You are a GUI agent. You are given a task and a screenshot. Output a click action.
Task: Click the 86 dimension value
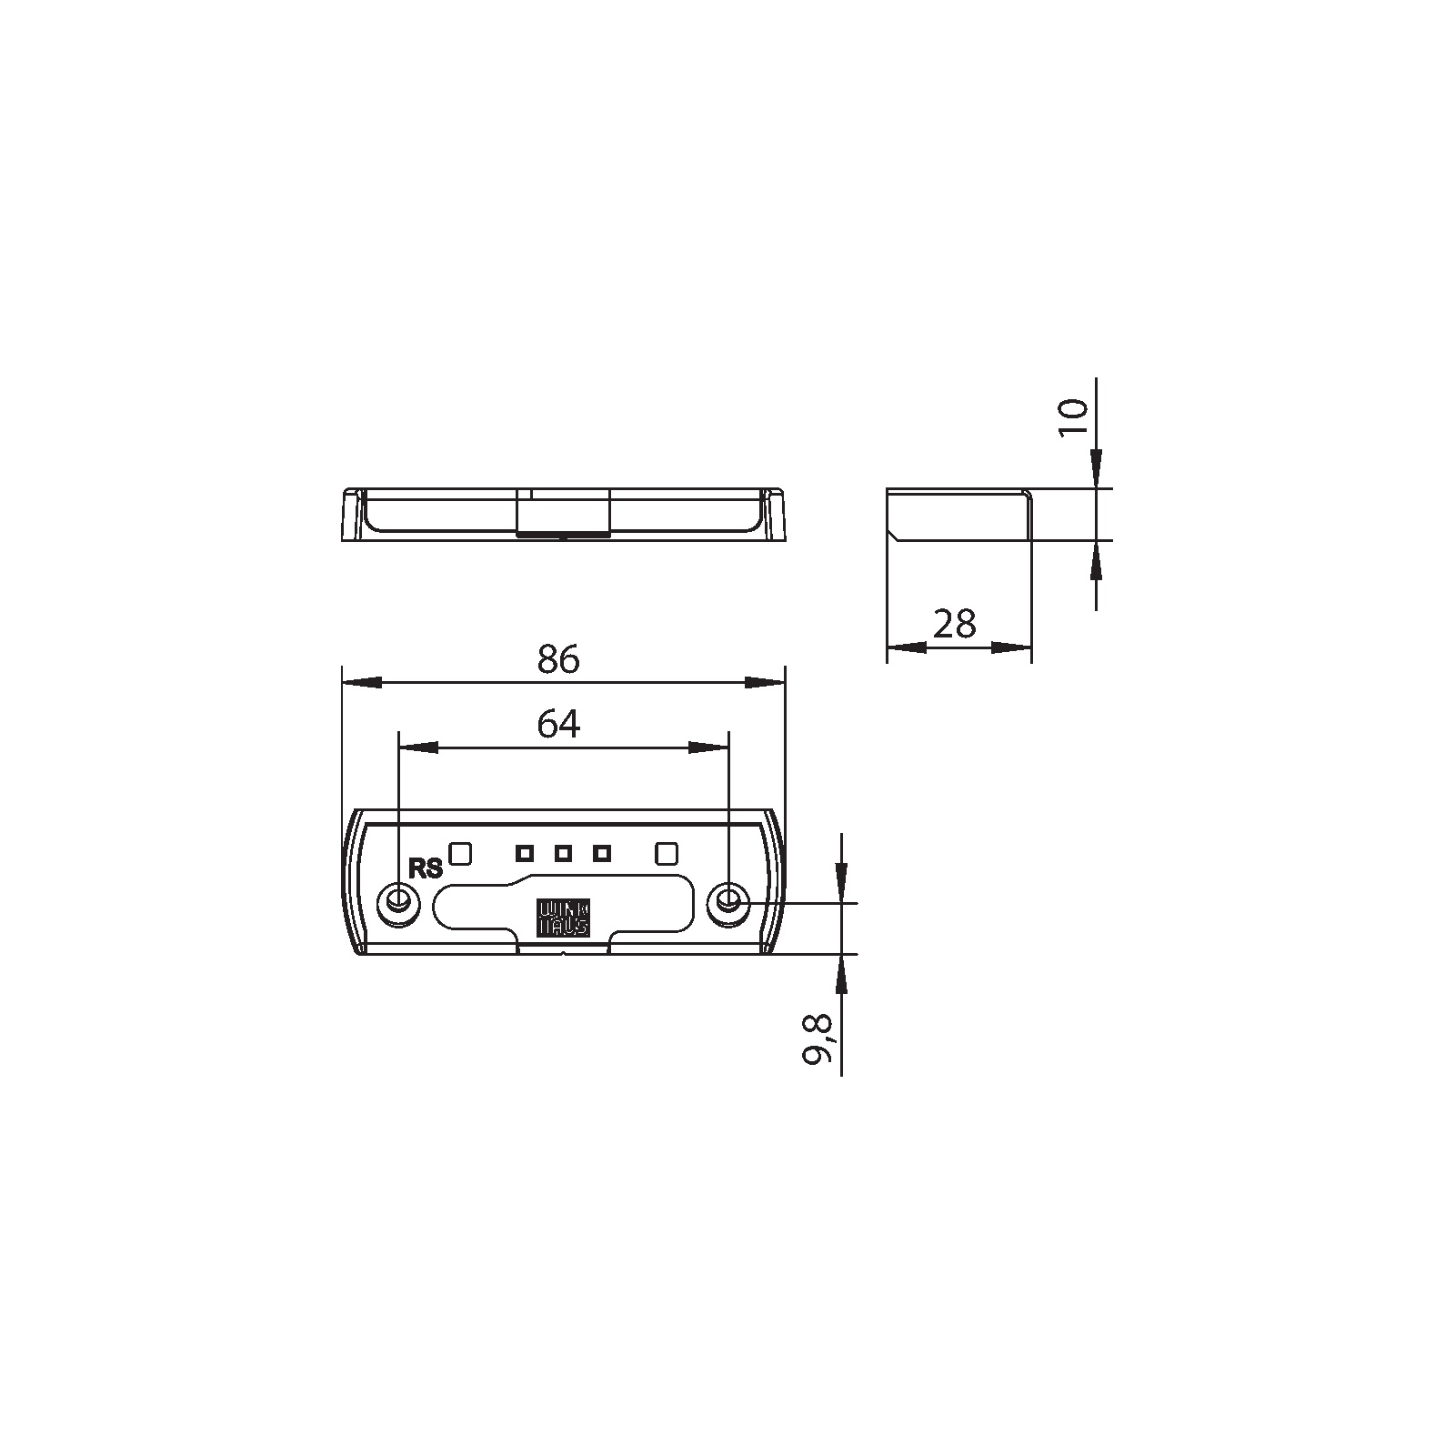click(557, 658)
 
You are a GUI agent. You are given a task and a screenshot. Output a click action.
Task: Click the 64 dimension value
click(558, 724)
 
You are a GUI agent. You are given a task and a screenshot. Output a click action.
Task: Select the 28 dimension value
click(955, 624)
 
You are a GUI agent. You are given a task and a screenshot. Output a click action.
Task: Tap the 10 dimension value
click(1074, 417)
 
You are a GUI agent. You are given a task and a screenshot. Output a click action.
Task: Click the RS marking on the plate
click(426, 868)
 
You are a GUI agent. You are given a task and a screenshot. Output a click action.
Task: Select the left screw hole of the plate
click(398, 901)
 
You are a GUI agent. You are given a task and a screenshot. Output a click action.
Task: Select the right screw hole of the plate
click(727, 901)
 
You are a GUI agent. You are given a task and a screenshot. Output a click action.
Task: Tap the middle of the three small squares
click(563, 853)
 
